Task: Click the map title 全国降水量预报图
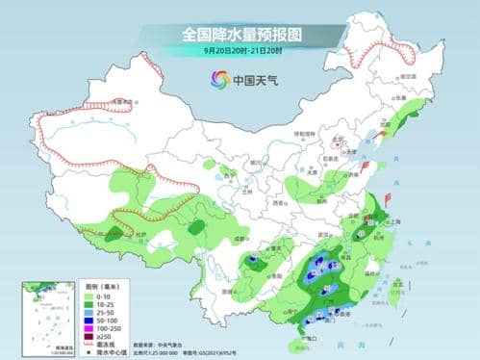pyautogui.click(x=240, y=35)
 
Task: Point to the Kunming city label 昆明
pyautogui.click(x=224, y=286)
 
